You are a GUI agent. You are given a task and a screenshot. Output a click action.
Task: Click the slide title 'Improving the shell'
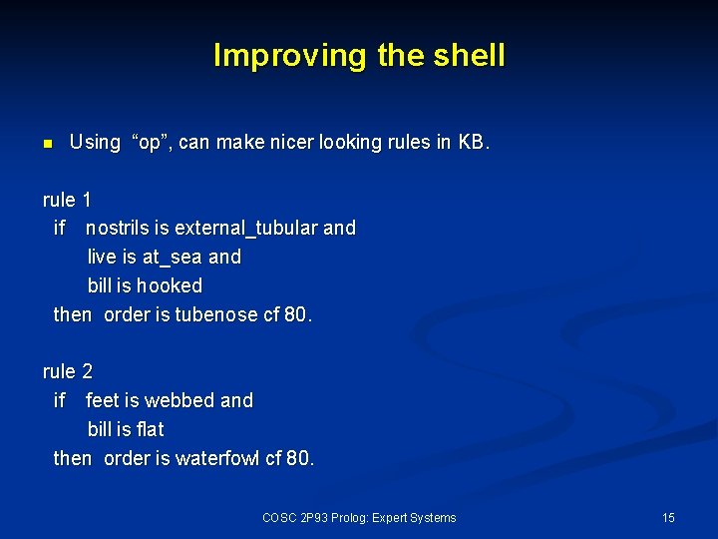click(x=359, y=55)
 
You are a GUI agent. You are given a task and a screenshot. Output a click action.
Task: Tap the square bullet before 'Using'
click(x=47, y=144)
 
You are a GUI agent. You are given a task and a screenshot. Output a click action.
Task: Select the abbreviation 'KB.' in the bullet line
click(x=474, y=142)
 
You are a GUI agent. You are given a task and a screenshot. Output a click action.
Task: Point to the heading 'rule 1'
click(x=67, y=200)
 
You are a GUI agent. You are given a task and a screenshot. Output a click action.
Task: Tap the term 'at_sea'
click(x=172, y=257)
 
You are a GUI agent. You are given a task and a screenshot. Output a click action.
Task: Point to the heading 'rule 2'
click(x=67, y=371)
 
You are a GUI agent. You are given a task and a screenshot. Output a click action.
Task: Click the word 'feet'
click(x=102, y=400)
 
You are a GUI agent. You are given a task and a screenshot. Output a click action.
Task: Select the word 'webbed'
click(x=179, y=400)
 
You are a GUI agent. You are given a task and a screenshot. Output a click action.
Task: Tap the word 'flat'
click(x=151, y=429)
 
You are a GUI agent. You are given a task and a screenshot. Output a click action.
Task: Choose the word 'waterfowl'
click(x=217, y=458)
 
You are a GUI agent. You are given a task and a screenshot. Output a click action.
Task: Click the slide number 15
click(x=668, y=517)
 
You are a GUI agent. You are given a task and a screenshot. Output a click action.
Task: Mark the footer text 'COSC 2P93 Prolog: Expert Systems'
click(x=359, y=517)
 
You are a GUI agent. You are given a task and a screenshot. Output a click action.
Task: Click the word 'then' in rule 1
click(x=72, y=314)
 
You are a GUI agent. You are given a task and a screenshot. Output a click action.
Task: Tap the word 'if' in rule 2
click(x=60, y=400)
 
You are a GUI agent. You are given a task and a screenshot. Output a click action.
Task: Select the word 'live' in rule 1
click(x=101, y=257)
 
